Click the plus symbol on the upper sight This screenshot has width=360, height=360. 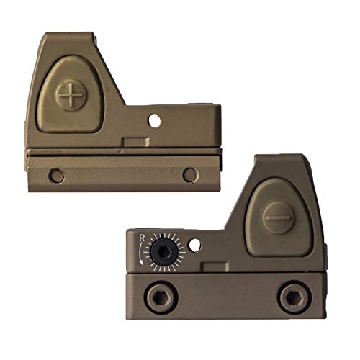(x=71, y=95)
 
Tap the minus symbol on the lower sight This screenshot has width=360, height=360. (x=279, y=217)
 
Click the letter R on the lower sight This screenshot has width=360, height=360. (x=142, y=238)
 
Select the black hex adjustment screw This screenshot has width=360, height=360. (x=164, y=252)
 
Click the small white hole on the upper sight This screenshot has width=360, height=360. (x=155, y=121)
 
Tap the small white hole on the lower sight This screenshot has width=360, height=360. (x=195, y=245)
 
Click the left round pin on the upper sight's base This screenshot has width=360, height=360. (x=56, y=176)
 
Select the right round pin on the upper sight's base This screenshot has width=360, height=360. (x=191, y=175)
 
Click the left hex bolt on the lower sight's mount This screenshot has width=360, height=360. (x=161, y=297)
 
